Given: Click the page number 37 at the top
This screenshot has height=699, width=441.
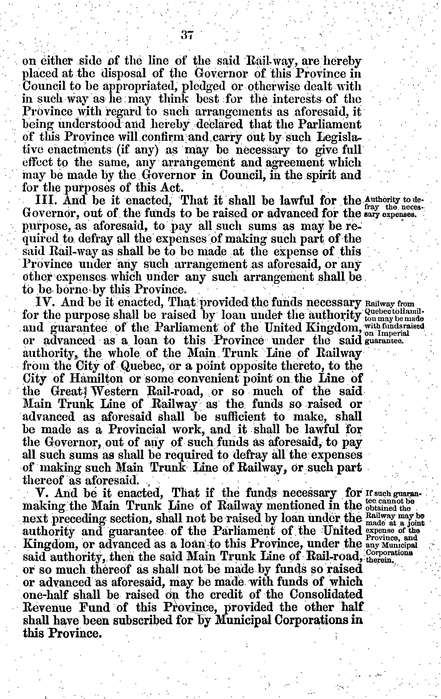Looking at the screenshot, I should coord(187,35).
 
